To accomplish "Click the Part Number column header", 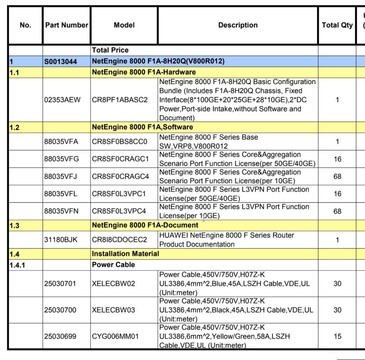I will [x=67, y=25].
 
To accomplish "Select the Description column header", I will [x=238, y=25].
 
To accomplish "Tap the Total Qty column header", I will [x=337, y=25].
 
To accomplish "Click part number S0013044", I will [x=60, y=62].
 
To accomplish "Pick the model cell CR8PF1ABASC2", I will [x=120, y=100].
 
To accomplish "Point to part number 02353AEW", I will [x=62, y=100].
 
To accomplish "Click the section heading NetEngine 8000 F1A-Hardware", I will [x=144, y=72].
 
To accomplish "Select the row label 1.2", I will [x=15, y=127].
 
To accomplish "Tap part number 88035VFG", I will [x=61, y=159].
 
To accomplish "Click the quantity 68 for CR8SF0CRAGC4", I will [x=337, y=177].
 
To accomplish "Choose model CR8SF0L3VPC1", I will [x=119, y=194].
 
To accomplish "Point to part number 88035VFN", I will [x=61, y=211].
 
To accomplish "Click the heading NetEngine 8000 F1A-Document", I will [x=145, y=225].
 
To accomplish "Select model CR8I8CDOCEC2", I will [x=119, y=240].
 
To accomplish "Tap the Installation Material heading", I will [x=125, y=254].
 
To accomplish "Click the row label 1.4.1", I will [x=17, y=265].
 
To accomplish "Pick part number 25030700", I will [x=60, y=310].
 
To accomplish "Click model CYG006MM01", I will [x=115, y=336].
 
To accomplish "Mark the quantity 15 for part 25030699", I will [x=337, y=336].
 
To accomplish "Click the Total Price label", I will [x=110, y=50].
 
